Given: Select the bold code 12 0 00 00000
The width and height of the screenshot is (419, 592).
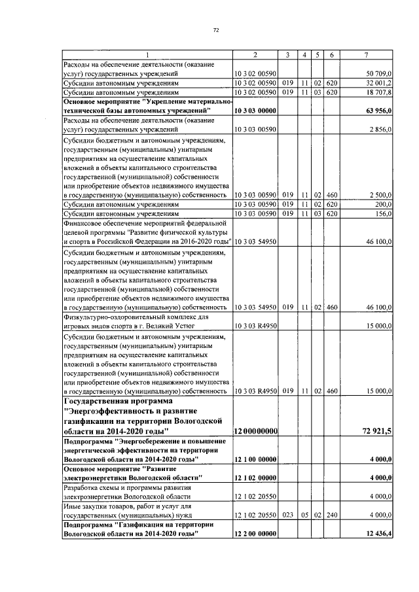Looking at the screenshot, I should click(256, 431).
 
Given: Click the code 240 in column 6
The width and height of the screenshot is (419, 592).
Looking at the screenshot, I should click(332, 515).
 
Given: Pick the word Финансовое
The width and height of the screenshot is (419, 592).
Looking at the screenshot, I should click(81, 223).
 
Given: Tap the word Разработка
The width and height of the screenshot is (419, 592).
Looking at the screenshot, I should click(79, 487).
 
